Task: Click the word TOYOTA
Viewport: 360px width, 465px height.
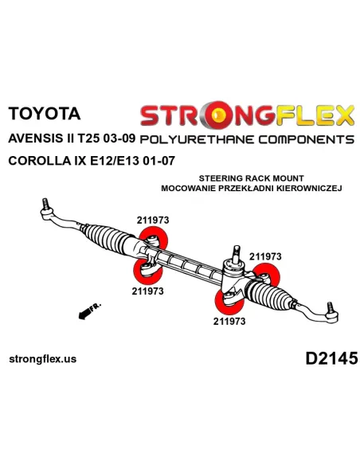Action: coord(45,113)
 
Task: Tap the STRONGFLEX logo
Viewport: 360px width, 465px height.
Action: coord(248,115)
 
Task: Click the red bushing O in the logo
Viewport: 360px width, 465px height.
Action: coord(218,115)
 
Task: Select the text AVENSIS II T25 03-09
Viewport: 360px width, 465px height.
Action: coord(72,139)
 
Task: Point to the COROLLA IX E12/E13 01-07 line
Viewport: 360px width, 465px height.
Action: coord(92,161)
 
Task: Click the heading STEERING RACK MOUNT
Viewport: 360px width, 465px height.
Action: coord(251,178)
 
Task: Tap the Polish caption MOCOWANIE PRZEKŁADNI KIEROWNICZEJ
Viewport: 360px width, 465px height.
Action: coord(252,188)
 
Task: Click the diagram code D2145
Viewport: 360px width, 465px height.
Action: coord(331,358)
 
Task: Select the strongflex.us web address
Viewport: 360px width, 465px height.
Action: coord(43,359)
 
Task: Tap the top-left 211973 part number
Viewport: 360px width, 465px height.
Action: coord(153,220)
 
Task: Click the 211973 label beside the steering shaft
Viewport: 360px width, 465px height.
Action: coord(265,256)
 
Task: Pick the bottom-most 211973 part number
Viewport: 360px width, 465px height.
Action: coord(229,321)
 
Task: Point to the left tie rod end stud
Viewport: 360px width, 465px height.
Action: coord(45,204)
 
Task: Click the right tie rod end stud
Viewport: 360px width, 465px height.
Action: coord(330,307)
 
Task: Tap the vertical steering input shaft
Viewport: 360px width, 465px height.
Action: coord(237,255)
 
